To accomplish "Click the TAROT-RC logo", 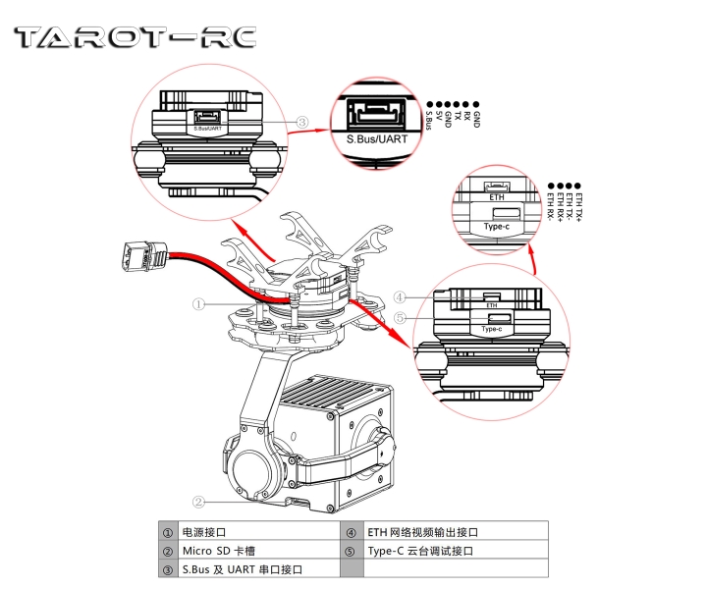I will [x=135, y=37].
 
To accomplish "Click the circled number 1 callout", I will [x=198, y=304].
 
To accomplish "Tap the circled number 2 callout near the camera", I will [x=198, y=501].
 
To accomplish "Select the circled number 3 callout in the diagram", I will [x=303, y=123].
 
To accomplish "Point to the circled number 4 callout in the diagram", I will [x=400, y=296].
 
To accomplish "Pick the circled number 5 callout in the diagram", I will [x=400, y=318].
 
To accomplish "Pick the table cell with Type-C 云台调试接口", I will [x=421, y=551].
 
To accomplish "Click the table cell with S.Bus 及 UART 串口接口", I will [x=240, y=569].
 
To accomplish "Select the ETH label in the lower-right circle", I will [x=492, y=306].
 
